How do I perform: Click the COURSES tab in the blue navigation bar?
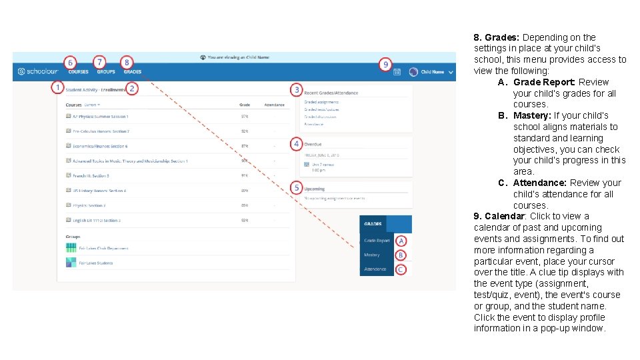coord(78,71)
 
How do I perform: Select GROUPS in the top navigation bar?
coord(106,71)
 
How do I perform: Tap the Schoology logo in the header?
coord(38,71)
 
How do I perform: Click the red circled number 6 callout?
coord(71,61)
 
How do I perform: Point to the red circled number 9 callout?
coord(385,64)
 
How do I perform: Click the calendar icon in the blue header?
coord(397,71)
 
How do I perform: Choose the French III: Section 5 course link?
coord(91,175)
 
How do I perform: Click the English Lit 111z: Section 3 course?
coord(96,220)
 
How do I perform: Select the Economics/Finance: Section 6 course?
coord(100,146)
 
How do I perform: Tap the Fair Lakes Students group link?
coord(95,263)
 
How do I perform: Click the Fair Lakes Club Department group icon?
coord(71,248)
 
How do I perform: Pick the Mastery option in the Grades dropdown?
coord(372,255)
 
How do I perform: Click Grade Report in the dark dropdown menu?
coord(377,240)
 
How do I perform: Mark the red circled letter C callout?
coord(401,269)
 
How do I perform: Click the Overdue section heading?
coord(313,144)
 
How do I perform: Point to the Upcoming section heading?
coord(315,189)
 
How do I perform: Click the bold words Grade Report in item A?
coord(544,82)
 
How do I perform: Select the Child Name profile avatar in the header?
coord(413,71)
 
